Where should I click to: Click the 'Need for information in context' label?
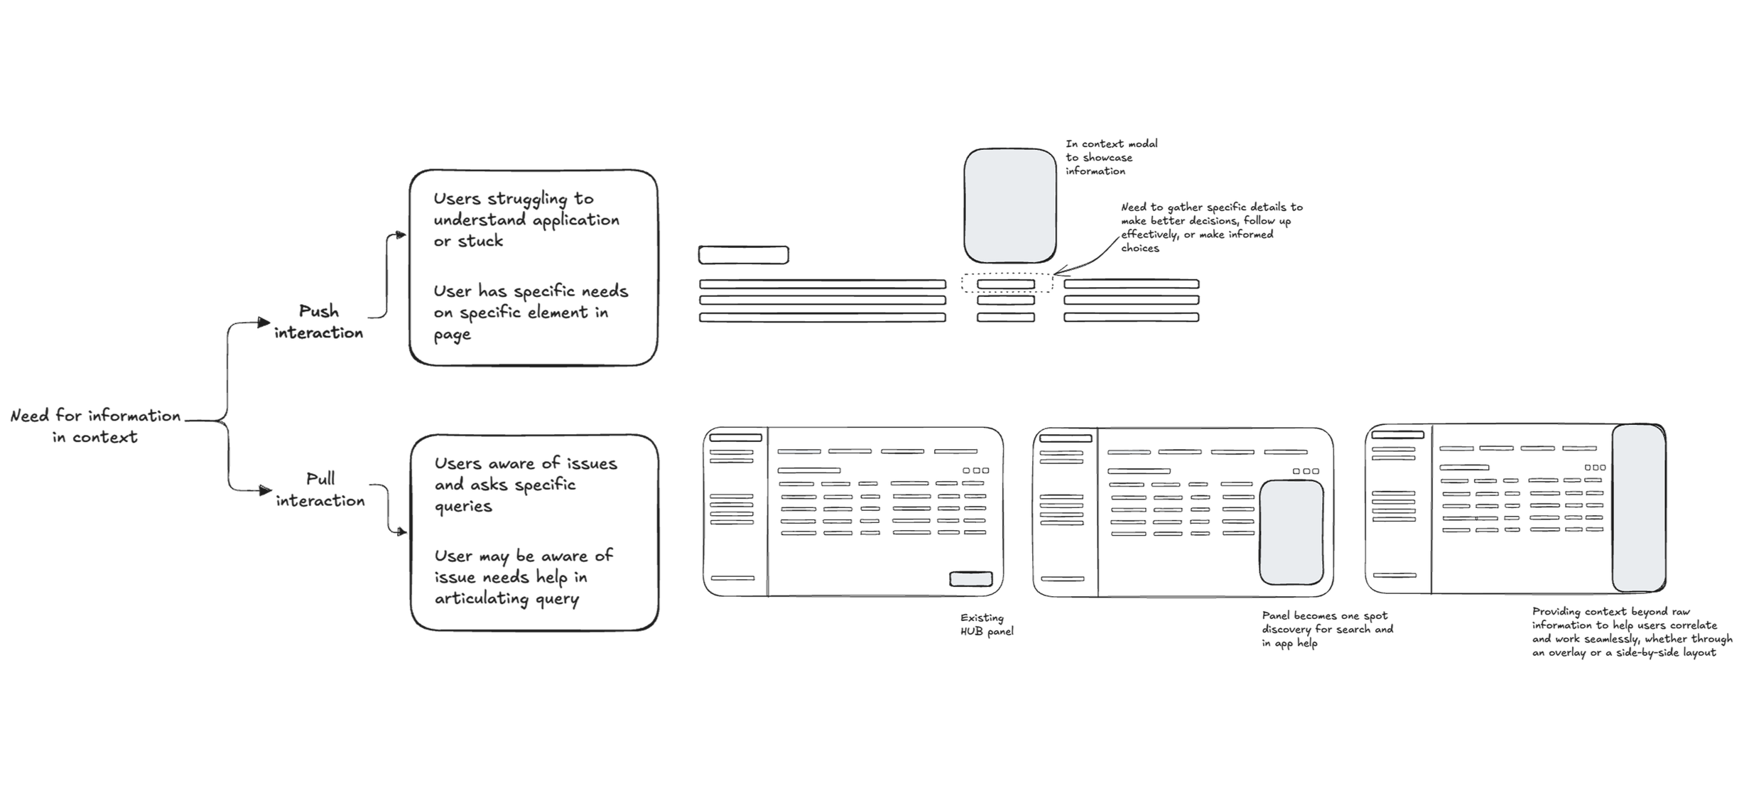[x=95, y=426]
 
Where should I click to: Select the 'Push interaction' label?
[x=319, y=322]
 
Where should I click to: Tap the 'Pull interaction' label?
[x=320, y=490]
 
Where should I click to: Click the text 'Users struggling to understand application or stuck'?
[x=526, y=220]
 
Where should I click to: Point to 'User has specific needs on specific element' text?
[x=531, y=313]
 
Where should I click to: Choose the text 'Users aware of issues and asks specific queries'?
[x=526, y=485]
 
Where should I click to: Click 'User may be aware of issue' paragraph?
[x=524, y=577]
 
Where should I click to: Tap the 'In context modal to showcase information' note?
[x=1111, y=157]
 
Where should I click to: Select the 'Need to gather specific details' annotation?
[x=1211, y=227]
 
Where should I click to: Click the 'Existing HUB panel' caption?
[x=986, y=625]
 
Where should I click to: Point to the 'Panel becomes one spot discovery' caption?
[x=1327, y=629]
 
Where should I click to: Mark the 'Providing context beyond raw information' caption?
[x=1631, y=632]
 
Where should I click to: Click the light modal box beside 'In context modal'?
[x=1009, y=205]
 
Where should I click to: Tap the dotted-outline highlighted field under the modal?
[x=1007, y=284]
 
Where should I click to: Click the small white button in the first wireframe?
[x=971, y=579]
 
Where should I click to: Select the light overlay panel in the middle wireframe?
[x=1291, y=533]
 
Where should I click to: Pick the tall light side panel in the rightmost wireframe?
[x=1638, y=508]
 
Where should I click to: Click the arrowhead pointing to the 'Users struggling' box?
[x=402, y=234]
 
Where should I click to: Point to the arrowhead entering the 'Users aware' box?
[x=403, y=531]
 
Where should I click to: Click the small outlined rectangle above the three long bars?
[x=743, y=254]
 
